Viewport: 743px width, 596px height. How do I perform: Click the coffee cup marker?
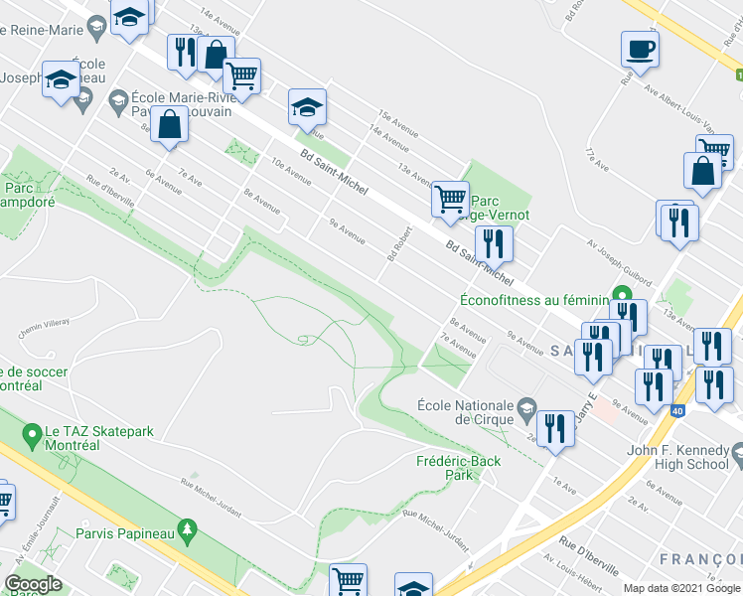pos(640,48)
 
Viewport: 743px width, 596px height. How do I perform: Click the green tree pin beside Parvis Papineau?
pos(185,527)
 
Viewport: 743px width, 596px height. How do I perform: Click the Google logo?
pos(33,584)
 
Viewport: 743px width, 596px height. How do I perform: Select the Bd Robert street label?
pos(399,243)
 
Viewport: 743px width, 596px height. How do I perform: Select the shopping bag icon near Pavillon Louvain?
pos(170,125)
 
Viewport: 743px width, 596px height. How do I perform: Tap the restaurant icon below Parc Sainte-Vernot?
pos(493,242)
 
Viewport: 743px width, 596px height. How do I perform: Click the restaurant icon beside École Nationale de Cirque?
pos(555,427)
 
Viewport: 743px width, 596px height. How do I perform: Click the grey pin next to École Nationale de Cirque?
pos(526,405)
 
